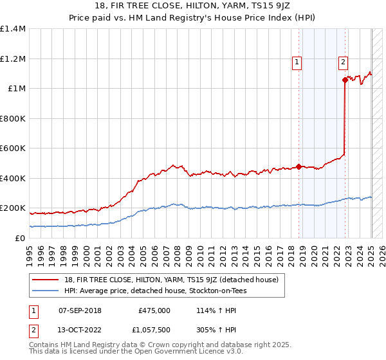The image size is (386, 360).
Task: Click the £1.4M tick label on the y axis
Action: tap(13, 29)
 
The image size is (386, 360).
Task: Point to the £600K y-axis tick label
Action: tap(13, 148)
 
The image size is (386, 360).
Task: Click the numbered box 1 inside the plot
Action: tap(297, 62)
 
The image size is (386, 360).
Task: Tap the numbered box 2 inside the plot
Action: tap(343, 62)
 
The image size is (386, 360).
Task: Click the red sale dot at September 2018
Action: tap(299, 167)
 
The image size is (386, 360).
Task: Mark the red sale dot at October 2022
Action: tap(345, 80)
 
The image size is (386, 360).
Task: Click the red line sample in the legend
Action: tap(47, 280)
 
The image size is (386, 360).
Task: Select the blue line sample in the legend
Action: tap(47, 291)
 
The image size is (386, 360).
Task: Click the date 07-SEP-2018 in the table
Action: tap(80, 310)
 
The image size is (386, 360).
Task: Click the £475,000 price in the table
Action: tap(154, 310)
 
